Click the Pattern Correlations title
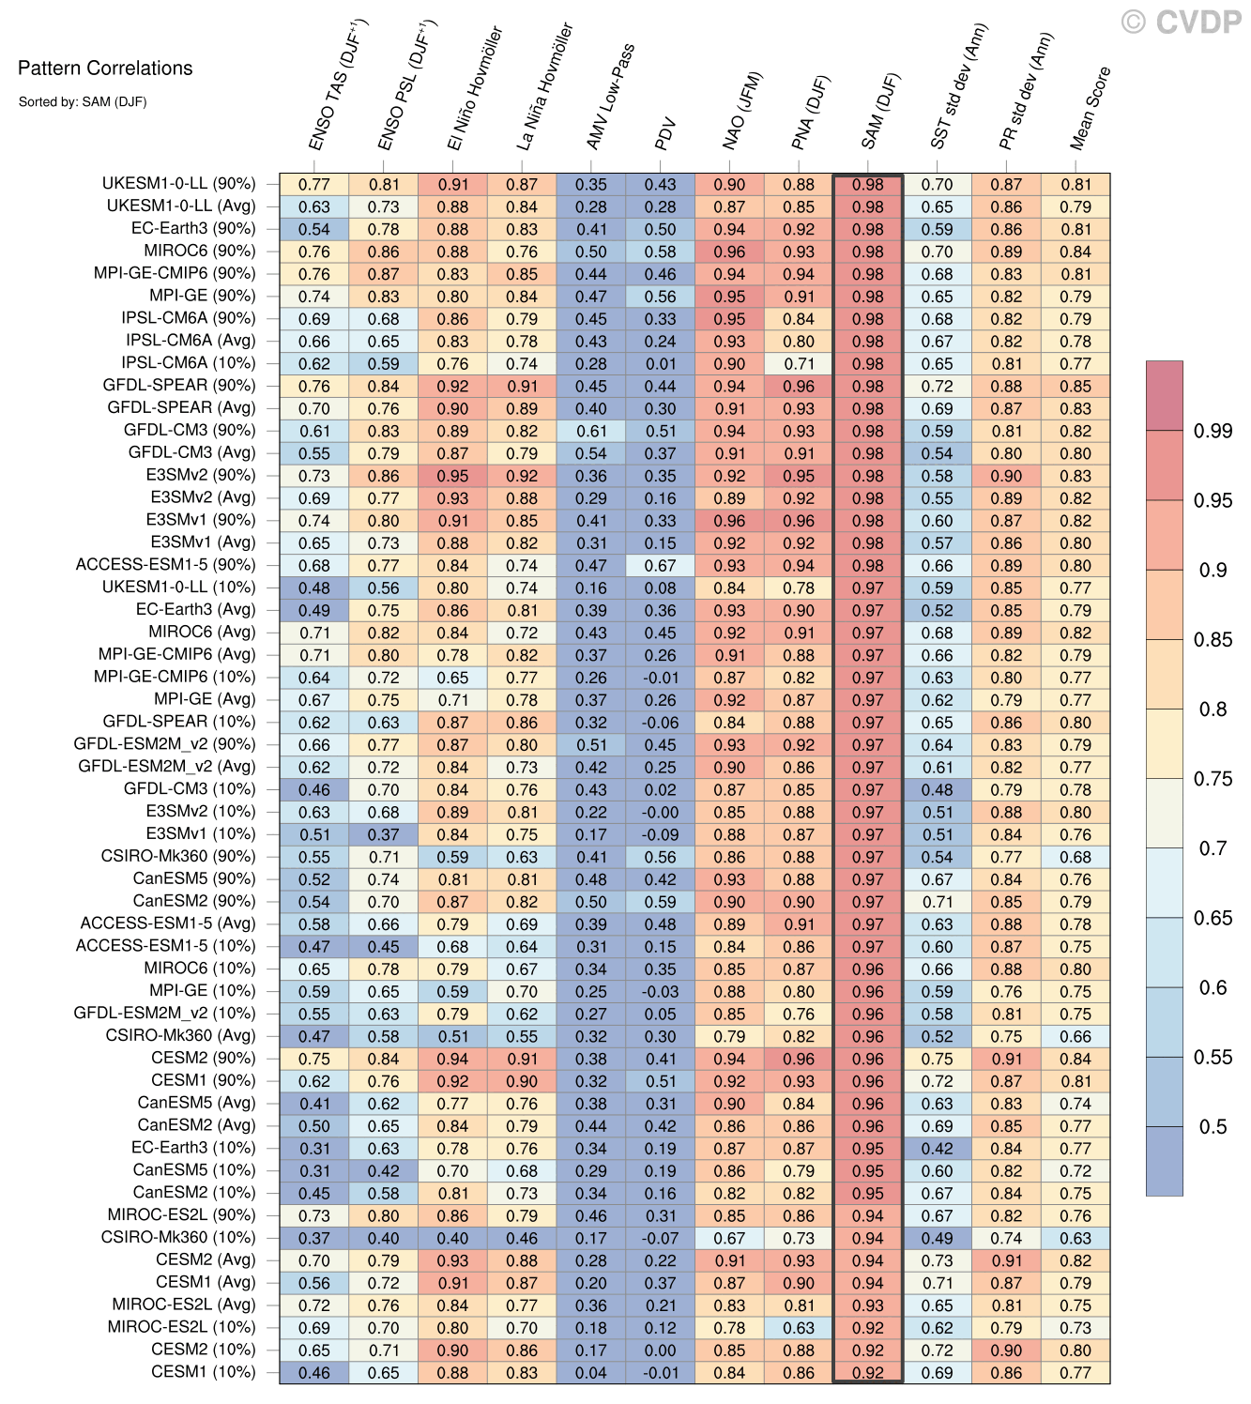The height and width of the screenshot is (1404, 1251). click(105, 68)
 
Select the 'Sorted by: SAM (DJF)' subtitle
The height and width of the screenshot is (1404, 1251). click(83, 101)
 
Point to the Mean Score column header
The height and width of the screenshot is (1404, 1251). click(1090, 108)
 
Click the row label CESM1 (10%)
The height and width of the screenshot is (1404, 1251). click(203, 1372)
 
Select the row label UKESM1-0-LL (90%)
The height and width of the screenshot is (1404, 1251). click(178, 184)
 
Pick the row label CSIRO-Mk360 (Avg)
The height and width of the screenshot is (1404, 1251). click(180, 1035)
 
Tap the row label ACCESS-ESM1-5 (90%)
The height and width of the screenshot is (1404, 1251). click(165, 565)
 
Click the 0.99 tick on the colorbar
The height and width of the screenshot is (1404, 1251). click(1213, 431)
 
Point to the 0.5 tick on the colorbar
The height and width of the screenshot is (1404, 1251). click(1213, 1126)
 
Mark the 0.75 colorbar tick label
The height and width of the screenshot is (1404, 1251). click(1213, 778)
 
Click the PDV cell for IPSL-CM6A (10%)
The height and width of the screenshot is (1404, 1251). click(661, 363)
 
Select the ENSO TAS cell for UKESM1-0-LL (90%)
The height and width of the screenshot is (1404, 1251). click(314, 185)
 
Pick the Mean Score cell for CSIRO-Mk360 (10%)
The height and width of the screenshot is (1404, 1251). click(1076, 1238)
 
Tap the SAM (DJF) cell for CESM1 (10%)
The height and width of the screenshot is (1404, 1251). click(868, 1373)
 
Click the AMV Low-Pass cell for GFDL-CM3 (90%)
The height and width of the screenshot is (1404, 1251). click(591, 431)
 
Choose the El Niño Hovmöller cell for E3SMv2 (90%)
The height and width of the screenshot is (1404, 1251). click(452, 476)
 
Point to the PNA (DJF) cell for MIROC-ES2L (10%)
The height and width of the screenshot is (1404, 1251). click(799, 1328)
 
